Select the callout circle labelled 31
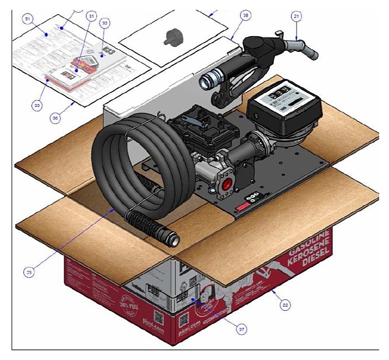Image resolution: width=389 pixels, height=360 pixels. (x=91, y=16)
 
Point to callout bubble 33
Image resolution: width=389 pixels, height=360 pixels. (x=37, y=105)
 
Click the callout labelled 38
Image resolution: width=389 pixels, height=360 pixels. (x=246, y=16)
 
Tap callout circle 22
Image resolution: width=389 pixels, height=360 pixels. (x=285, y=304)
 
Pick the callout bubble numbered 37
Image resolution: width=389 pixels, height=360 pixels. (x=227, y=326)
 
